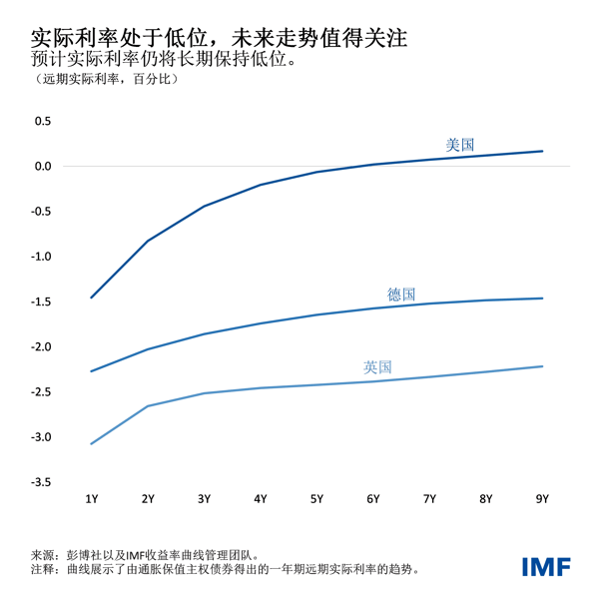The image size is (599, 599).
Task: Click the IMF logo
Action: pyautogui.click(x=546, y=566)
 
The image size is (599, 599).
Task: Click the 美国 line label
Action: pyautogui.click(x=459, y=145)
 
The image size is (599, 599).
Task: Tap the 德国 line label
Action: pyautogui.click(x=401, y=295)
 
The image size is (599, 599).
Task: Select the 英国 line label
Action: pyautogui.click(x=377, y=367)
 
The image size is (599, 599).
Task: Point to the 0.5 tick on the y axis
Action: pyautogui.click(x=42, y=121)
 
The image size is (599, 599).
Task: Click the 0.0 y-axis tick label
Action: pyautogui.click(x=42, y=166)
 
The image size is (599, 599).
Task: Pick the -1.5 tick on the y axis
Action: pyautogui.click(x=40, y=301)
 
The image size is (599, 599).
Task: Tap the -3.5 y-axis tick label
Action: pyautogui.click(x=40, y=482)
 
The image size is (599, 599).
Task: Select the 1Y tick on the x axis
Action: pyautogui.click(x=92, y=498)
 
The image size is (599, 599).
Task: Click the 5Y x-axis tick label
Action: pyautogui.click(x=316, y=498)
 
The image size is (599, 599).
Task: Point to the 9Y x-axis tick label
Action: pyautogui.click(x=542, y=498)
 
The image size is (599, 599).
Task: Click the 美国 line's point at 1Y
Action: pyautogui.click(x=92, y=298)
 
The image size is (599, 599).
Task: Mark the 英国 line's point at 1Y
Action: pyautogui.click(x=92, y=443)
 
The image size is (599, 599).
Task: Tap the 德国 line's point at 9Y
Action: pyautogui.click(x=542, y=298)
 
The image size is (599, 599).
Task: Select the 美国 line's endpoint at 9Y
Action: pyautogui.click(x=542, y=151)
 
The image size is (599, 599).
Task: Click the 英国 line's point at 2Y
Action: pyautogui.click(x=148, y=406)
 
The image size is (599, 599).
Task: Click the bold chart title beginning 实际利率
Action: pyautogui.click(x=219, y=39)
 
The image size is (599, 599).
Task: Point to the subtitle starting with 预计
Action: pyautogui.click(x=165, y=60)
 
